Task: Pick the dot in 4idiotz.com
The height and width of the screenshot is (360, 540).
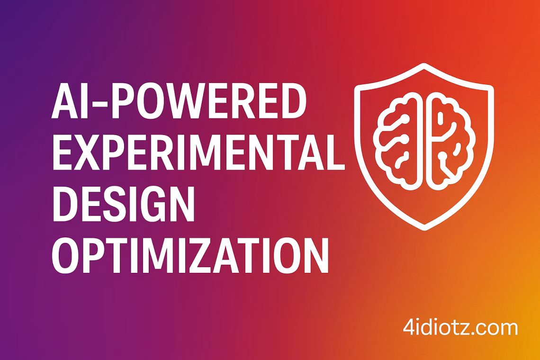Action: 477,333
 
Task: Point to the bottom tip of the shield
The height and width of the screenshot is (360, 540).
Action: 424,228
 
